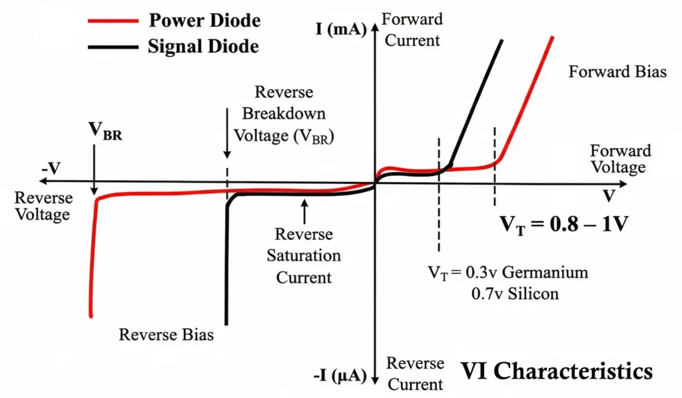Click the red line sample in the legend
111,21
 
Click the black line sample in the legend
111,47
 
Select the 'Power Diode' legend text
204,20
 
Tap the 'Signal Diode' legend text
203,47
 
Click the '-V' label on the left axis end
51,168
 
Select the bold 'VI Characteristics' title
556,370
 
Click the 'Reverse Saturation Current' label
304,255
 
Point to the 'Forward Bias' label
617,72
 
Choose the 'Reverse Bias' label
166,334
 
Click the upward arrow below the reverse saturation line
304,213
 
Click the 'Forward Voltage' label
619,159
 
